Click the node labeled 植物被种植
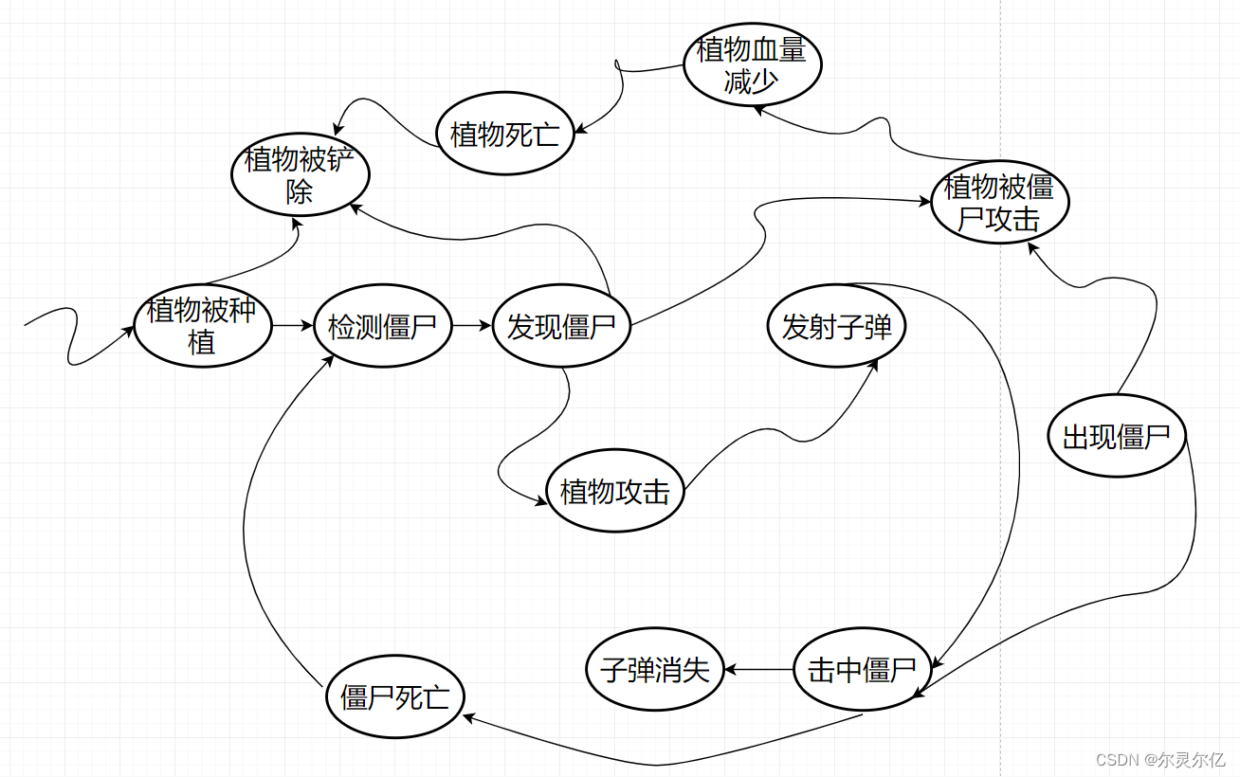[x=202, y=326]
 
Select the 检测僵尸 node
[x=382, y=327]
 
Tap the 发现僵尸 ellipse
[x=561, y=327]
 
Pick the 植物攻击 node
[x=614, y=491]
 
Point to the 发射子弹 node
[x=836, y=327]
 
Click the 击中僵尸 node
[x=861, y=670]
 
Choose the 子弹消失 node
[x=655, y=670]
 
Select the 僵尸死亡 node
[x=395, y=697]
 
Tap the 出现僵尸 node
[x=1117, y=437]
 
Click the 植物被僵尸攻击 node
[x=999, y=203]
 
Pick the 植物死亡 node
[x=505, y=135]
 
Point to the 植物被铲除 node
[x=300, y=175]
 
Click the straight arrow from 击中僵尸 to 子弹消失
[x=758, y=670]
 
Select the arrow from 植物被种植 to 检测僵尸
[x=292, y=326]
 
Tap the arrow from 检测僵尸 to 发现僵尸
[x=471, y=326]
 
